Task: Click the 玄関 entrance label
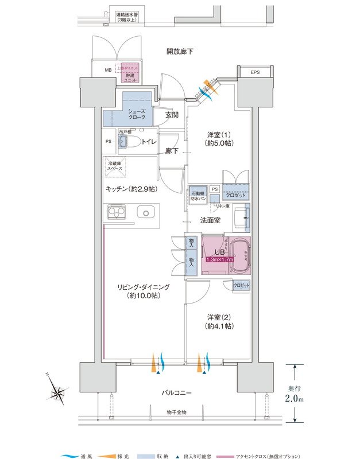click(x=171, y=115)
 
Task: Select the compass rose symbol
click(x=59, y=392)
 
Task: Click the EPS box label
click(x=254, y=72)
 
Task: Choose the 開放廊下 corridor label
click(x=180, y=52)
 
